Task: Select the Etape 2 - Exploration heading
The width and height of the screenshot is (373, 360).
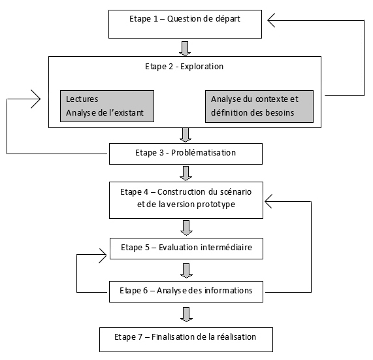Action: tap(185, 67)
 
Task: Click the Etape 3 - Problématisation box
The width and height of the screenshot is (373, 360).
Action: tap(185, 154)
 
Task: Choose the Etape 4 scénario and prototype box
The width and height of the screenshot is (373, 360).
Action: tap(185, 199)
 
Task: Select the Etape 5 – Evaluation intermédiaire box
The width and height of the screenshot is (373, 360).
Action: tap(185, 249)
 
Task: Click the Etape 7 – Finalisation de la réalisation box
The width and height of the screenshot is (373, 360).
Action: tap(185, 338)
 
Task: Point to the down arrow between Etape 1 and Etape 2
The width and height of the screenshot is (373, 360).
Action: tap(186, 48)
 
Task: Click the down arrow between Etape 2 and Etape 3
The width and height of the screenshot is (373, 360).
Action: tap(186, 135)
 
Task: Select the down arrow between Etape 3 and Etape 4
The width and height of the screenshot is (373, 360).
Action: tap(186, 172)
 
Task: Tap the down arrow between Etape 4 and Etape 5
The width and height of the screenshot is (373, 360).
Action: tap(186, 228)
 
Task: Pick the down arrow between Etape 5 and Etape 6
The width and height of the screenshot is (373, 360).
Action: tap(186, 269)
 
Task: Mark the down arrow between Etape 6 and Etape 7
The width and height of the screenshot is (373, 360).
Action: tap(186, 314)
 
